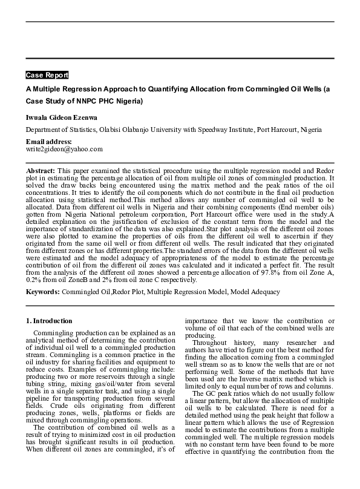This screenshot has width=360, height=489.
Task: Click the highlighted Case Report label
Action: coord(47,75)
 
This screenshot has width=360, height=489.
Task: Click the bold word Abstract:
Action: coord(41,172)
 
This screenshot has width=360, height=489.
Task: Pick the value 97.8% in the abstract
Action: coord(241,273)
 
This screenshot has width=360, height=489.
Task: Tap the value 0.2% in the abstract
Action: coord(34,280)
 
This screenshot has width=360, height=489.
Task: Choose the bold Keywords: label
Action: coord(42,292)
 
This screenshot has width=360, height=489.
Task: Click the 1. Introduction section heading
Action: coord(49,321)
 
